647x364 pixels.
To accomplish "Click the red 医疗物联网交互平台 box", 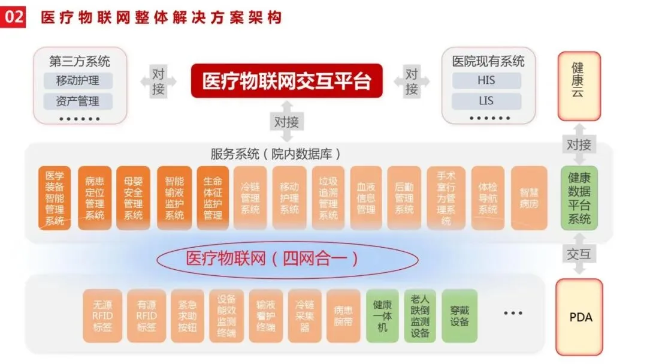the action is click(x=286, y=80).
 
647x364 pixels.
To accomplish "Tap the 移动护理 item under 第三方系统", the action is click(x=78, y=80).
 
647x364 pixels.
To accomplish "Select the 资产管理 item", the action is click(x=78, y=101).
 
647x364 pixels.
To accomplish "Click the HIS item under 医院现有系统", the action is click(x=486, y=80).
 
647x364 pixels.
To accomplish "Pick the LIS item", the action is click(x=486, y=100).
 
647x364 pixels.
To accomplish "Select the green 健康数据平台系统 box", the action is click(x=579, y=198).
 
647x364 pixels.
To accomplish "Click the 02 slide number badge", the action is click(x=14, y=16).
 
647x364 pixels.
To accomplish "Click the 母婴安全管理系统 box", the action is click(x=133, y=198).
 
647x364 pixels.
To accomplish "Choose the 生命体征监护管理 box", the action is click(x=213, y=198).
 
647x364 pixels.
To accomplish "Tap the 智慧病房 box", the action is click(x=529, y=198).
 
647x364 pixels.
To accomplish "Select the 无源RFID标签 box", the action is click(x=102, y=316).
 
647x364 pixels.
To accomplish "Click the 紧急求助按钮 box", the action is click(x=183, y=316).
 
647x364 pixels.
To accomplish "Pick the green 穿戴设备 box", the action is click(x=459, y=316).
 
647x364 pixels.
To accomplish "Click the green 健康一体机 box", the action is click(x=382, y=316).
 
